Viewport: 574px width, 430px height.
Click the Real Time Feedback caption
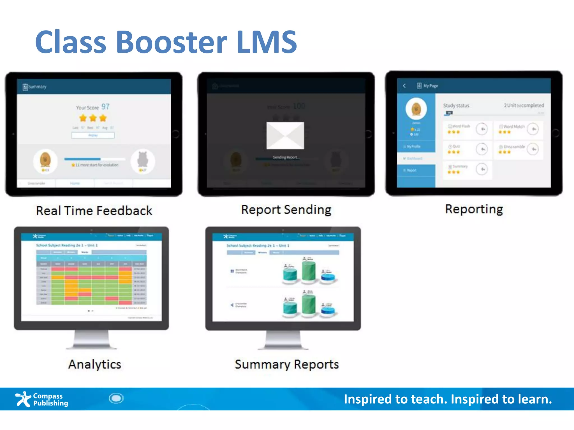click(94, 211)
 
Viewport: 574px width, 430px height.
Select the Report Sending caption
click(286, 210)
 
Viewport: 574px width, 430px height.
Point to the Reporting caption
click(474, 209)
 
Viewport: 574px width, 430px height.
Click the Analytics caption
click(95, 364)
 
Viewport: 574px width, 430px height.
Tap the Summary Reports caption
click(287, 364)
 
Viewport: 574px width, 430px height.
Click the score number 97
click(105, 107)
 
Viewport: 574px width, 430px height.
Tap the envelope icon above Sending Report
click(285, 135)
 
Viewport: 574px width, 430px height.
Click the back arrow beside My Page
click(404, 86)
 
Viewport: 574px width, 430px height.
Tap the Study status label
click(456, 106)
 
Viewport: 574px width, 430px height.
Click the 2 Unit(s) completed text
click(524, 105)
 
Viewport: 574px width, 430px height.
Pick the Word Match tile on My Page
click(518, 129)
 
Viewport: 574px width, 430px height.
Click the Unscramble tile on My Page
click(518, 149)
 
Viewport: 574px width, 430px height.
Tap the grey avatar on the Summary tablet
click(143, 160)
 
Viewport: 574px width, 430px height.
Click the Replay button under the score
click(93, 135)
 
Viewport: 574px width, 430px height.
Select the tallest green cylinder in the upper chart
click(309, 270)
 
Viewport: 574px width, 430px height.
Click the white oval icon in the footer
click(116, 398)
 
